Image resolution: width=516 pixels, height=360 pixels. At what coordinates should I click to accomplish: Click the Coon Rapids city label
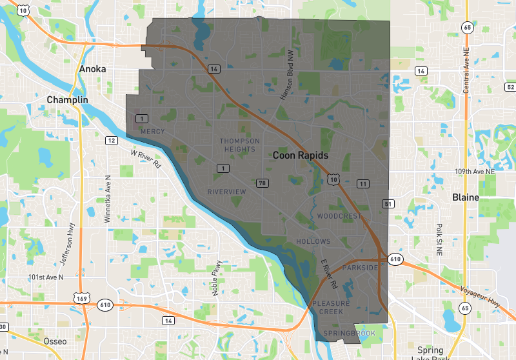[x=301, y=155]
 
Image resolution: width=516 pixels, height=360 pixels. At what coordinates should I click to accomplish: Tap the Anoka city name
[x=92, y=69]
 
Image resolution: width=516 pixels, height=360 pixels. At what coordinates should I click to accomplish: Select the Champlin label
[x=67, y=100]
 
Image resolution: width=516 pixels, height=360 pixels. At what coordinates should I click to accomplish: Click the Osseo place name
[x=54, y=341]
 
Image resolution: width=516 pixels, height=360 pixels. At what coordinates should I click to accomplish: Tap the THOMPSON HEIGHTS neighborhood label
[x=240, y=145]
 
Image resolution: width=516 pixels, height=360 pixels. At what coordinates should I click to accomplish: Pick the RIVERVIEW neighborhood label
[x=226, y=192]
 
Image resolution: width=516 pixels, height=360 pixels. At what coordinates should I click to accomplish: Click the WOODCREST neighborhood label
[x=340, y=215]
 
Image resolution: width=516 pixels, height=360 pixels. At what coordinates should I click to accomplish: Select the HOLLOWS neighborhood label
[x=313, y=241]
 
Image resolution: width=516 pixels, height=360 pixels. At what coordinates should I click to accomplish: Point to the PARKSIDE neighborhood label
[x=360, y=267]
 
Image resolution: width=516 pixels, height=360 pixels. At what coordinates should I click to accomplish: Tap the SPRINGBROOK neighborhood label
[x=349, y=333]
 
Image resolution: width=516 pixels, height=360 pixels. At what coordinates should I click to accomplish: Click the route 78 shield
[x=262, y=183]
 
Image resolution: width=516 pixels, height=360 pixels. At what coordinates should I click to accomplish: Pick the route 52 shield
[x=510, y=86]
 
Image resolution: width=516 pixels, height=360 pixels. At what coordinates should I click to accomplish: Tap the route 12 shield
[x=112, y=141]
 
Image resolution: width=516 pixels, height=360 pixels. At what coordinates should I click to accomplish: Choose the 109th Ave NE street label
[x=475, y=172]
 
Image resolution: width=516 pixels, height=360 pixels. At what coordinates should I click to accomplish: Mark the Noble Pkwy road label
[x=218, y=278]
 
